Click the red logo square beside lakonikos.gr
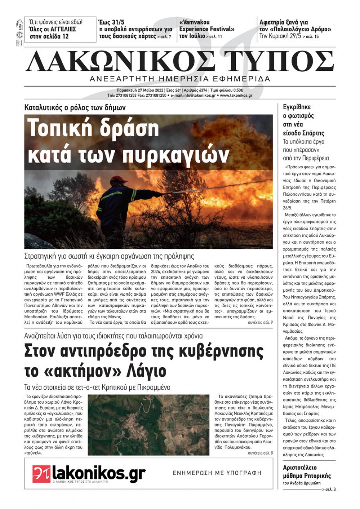(41, 474)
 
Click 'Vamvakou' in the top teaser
(194, 22)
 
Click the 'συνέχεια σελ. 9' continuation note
(260, 323)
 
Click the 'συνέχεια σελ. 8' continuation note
(260, 453)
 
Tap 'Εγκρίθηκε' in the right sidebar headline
(297, 107)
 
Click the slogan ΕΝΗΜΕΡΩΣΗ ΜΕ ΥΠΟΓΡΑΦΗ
(217, 473)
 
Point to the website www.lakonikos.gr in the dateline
(236, 96)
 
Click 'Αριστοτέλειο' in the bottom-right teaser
(300, 468)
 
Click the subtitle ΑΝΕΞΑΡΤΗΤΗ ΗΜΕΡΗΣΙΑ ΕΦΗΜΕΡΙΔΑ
(180, 79)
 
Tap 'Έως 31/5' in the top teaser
(111, 22)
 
